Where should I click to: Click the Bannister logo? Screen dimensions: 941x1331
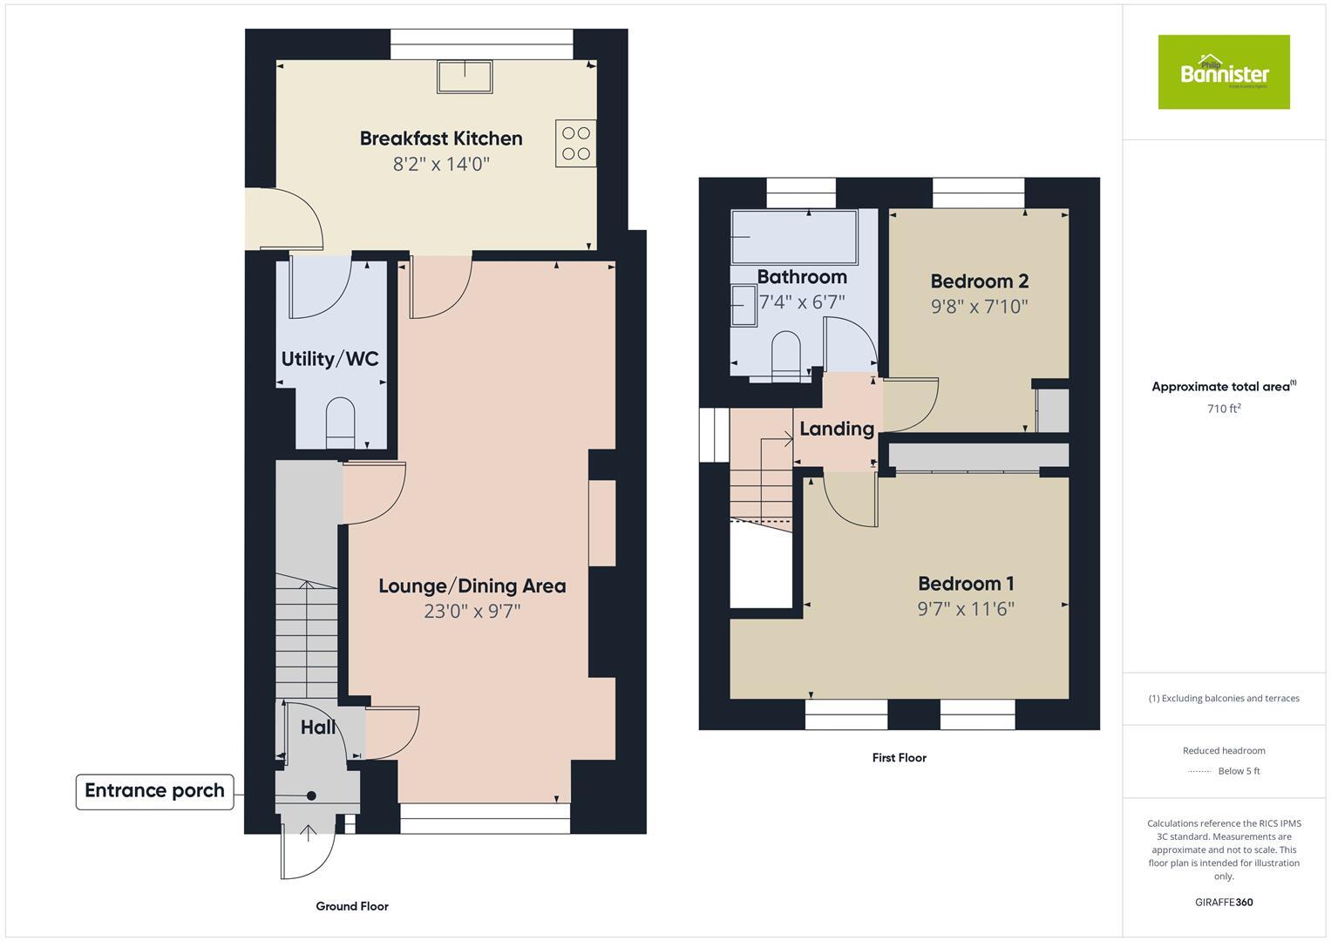click(x=1223, y=72)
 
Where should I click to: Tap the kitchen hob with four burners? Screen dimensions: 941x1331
click(x=575, y=144)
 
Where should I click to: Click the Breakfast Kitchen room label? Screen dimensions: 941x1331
click(x=441, y=139)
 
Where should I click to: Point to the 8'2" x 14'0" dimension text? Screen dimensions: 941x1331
click(x=441, y=164)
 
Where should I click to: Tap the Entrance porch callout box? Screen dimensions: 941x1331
click(x=155, y=791)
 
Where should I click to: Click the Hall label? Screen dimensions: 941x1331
click(x=318, y=728)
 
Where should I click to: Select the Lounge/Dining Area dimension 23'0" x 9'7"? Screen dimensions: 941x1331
click(x=472, y=612)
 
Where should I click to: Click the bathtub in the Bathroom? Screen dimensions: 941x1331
click(x=793, y=236)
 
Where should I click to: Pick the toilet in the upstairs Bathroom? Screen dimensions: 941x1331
click(x=785, y=355)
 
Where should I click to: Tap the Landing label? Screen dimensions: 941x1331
click(x=837, y=429)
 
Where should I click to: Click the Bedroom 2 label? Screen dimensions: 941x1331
click(x=979, y=281)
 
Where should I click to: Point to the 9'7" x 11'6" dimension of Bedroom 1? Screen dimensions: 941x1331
click(x=966, y=609)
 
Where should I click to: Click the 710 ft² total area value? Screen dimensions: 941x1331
click(x=1224, y=409)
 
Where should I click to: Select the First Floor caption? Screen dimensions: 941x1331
click(x=899, y=758)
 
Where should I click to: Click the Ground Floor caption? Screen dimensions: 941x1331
click(x=352, y=906)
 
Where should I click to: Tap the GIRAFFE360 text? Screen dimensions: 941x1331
click(x=1224, y=902)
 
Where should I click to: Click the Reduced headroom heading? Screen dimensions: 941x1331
click(x=1224, y=750)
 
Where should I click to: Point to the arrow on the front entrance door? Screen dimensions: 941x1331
click(x=308, y=834)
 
